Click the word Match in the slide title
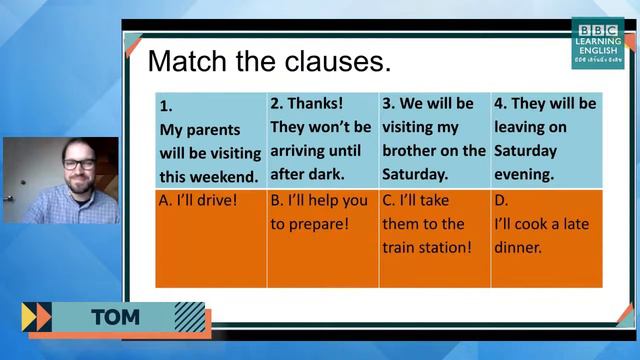coord(186,61)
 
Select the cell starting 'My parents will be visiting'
coord(211,139)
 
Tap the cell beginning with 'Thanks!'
coord(321,139)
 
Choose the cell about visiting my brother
coord(433,139)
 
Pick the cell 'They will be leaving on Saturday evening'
coord(545,139)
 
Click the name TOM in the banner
coord(115,319)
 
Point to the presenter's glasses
coord(78,163)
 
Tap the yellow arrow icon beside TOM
coord(36,317)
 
